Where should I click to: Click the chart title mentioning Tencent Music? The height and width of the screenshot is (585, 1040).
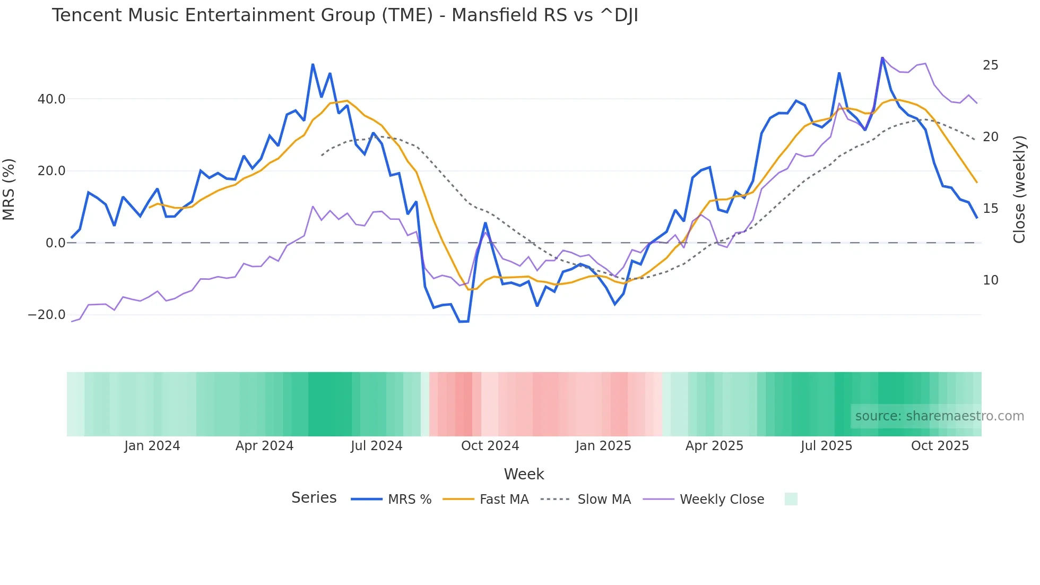tap(345, 15)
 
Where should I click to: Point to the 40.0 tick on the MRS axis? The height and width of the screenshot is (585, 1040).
tap(51, 99)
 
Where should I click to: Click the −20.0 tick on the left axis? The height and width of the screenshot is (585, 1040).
tap(47, 315)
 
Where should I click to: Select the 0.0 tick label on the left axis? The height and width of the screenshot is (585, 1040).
tap(55, 243)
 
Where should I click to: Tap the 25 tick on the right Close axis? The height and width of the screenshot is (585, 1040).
tap(990, 65)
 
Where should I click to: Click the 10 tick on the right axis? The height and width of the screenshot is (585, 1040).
tap(990, 280)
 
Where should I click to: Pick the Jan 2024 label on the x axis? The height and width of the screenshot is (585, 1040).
tap(152, 446)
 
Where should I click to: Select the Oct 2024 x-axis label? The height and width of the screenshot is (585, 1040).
tap(490, 446)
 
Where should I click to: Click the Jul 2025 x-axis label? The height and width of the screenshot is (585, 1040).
tap(826, 446)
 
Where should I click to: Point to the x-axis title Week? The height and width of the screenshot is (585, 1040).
tap(524, 474)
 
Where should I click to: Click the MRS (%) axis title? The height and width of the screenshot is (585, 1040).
tap(9, 190)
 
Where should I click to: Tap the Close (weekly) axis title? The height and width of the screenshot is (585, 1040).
tap(1019, 190)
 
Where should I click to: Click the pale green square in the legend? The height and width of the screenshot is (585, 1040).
tap(791, 499)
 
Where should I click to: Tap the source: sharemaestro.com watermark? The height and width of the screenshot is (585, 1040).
tap(939, 416)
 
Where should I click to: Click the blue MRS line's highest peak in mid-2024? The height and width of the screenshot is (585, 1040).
tap(313, 65)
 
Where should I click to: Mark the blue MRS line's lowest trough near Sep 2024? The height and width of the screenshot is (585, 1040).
tap(464, 322)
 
